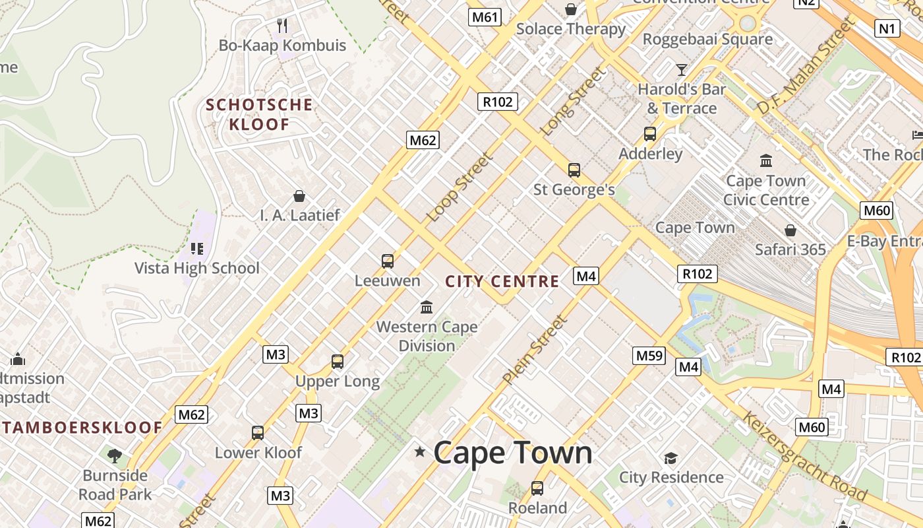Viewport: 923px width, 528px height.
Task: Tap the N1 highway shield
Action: [887, 28]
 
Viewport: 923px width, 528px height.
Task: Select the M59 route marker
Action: [649, 356]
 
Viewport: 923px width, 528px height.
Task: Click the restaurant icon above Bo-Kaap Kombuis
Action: [283, 26]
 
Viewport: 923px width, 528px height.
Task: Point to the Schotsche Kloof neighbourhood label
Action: [259, 114]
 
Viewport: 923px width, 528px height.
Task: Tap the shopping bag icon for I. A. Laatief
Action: [299, 196]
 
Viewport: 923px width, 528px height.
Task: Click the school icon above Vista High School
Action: [196, 249]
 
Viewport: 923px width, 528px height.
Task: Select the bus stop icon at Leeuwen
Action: [388, 261]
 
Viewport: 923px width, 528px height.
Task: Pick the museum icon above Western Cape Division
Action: [427, 307]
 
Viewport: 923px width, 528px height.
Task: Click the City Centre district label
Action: [502, 282]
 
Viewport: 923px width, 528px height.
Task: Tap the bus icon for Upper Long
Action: [338, 362]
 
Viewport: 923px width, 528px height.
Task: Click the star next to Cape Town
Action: [419, 452]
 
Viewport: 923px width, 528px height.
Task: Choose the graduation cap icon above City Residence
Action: [671, 458]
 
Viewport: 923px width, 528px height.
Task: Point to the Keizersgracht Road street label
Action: [805, 456]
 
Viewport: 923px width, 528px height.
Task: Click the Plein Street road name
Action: [535, 350]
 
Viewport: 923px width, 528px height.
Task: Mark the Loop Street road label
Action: [460, 187]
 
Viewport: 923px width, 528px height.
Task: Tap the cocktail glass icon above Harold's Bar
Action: [682, 69]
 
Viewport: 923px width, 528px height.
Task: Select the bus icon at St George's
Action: [574, 170]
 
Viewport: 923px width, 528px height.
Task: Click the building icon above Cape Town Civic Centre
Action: [766, 160]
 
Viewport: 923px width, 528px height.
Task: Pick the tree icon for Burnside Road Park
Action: [115, 455]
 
